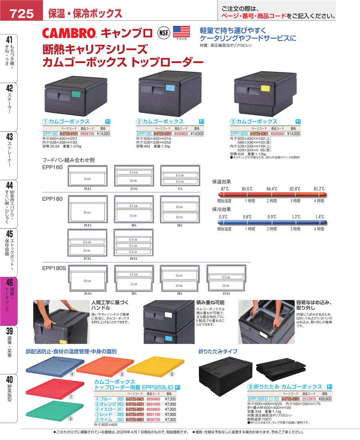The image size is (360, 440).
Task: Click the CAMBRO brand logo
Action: click(x=69, y=32)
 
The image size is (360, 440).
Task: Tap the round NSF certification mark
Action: click(x=163, y=32)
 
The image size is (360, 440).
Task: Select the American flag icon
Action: click(x=181, y=31)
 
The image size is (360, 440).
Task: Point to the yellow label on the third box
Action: click(x=265, y=88)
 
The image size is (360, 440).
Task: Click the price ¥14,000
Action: click(x=103, y=134)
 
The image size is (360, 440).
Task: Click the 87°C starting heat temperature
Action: click(x=224, y=188)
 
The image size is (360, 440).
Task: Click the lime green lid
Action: click(x=50, y=409)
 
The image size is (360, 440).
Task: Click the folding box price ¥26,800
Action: click(x=312, y=398)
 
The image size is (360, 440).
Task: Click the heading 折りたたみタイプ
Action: click(x=218, y=351)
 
